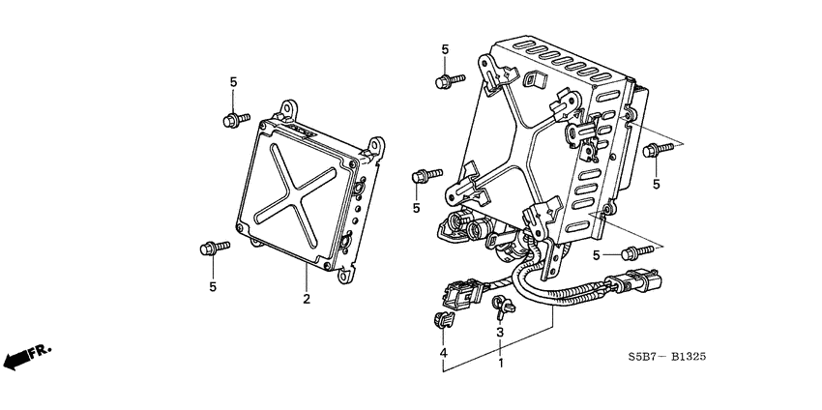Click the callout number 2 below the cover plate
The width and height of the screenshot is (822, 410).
pyautogui.click(x=307, y=300)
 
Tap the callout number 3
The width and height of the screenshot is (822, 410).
pyautogui.click(x=500, y=333)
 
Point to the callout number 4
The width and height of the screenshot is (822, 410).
pyautogui.click(x=444, y=355)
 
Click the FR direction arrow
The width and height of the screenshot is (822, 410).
pyautogui.click(x=27, y=357)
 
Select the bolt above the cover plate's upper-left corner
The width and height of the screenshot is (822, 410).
pyautogui.click(x=233, y=121)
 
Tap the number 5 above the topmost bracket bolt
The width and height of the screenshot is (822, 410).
pyautogui.click(x=446, y=49)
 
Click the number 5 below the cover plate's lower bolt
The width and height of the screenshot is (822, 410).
pyautogui.click(x=213, y=286)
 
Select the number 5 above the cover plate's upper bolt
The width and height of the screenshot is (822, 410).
pyautogui.click(x=233, y=82)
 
